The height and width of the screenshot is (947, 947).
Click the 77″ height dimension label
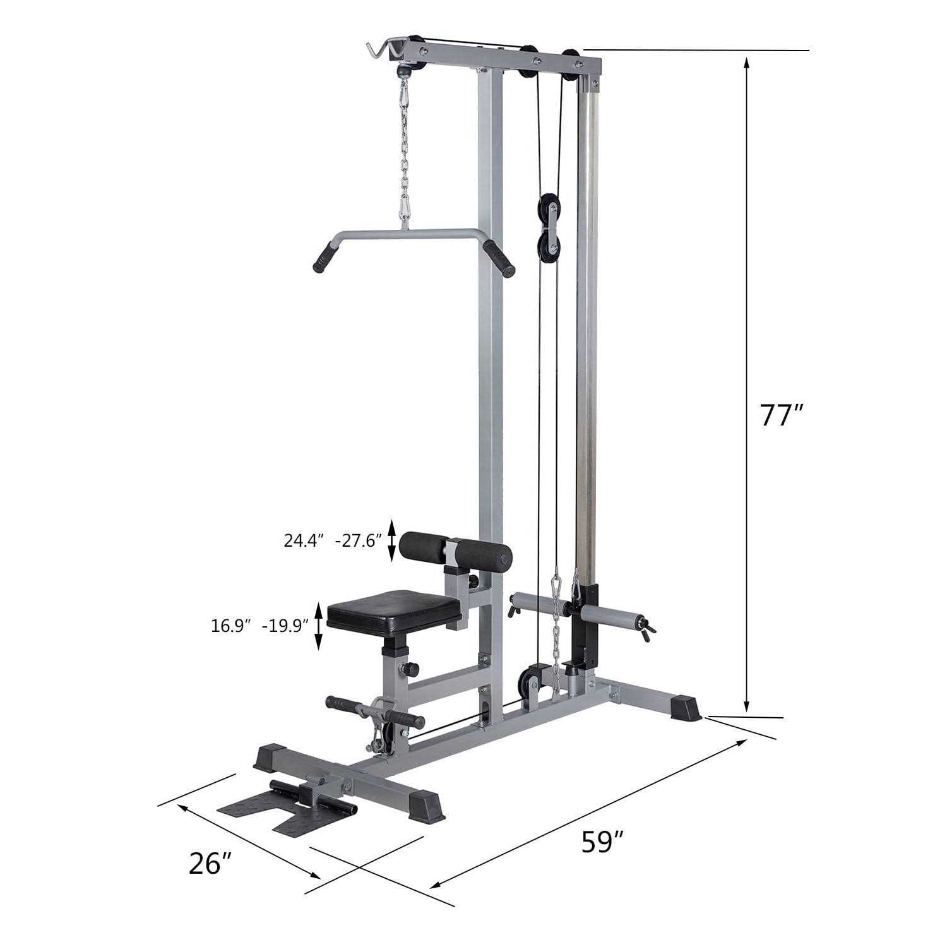782,415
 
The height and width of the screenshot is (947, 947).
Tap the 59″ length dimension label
602,842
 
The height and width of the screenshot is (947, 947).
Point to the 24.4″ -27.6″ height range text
333,541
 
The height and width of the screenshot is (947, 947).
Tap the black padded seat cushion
395,609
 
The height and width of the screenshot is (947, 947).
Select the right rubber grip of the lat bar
499,259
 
